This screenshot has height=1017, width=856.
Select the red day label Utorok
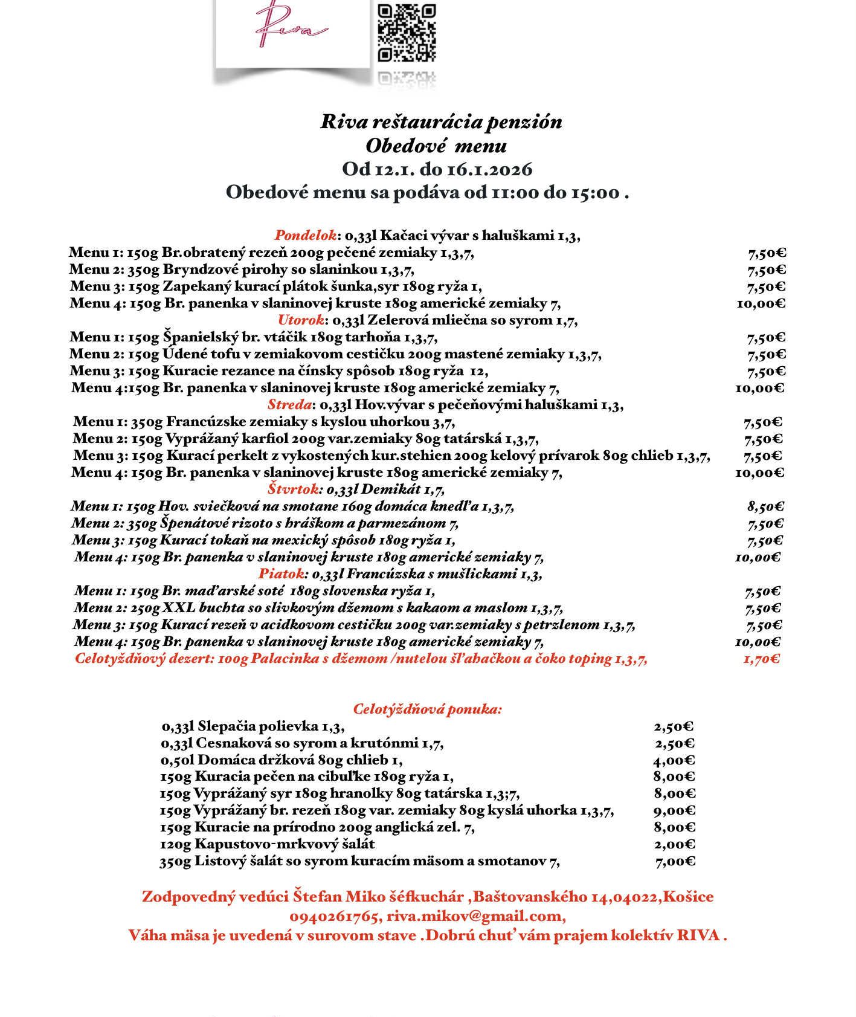point(301,320)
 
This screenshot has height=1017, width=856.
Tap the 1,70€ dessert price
point(761,659)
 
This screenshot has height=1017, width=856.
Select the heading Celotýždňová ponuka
point(427,709)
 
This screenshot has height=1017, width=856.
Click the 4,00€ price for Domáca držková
point(674,760)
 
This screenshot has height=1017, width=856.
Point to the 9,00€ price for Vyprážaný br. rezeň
point(674,811)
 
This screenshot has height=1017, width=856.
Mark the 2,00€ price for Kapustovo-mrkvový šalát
point(674,845)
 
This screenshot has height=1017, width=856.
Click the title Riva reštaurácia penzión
point(441,122)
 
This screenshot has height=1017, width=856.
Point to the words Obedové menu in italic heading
point(432,146)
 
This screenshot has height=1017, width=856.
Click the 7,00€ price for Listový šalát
point(675,862)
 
